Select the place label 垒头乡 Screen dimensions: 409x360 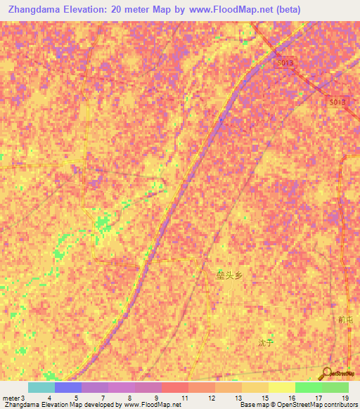pyautogui.click(x=229, y=275)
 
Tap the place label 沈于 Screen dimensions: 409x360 pyautogui.click(x=264, y=343)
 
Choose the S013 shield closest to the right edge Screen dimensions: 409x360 pyautogui.click(x=337, y=102)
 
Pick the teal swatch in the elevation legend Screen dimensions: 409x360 pyautogui.click(x=41, y=387)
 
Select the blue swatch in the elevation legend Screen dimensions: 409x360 pyautogui.click(x=67, y=387)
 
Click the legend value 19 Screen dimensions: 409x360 pyautogui.click(x=345, y=398)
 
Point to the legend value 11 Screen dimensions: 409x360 pyautogui.click(x=185, y=398)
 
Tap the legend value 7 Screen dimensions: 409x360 pyautogui.click(x=103, y=398)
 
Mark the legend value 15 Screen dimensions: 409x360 pyautogui.click(x=264, y=398)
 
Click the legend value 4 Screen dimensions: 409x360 pyautogui.click(x=49, y=398)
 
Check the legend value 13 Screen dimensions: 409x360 pyautogui.click(x=238, y=398)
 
